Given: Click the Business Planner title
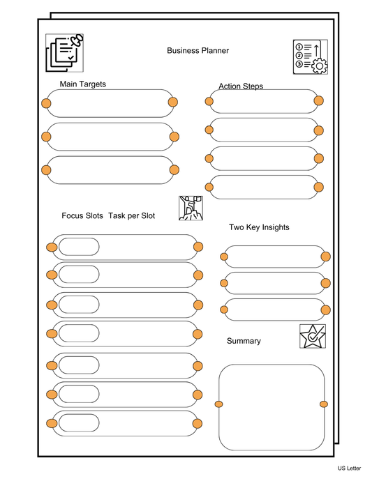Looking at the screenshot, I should coord(198,51).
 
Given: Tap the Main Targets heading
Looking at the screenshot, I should coord(83,84).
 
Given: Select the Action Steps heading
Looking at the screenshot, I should coord(241,86).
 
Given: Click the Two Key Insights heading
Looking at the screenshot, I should coord(259,227).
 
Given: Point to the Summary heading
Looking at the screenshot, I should coord(244,341).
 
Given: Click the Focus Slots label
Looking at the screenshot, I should coord(82,216).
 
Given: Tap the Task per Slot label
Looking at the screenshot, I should coord(132,216).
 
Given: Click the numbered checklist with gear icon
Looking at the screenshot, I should coord(310,56).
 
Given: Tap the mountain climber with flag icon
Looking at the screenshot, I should coord(190,208).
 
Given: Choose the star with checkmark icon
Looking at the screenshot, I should coord(312,336).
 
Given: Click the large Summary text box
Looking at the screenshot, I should coord(271,407).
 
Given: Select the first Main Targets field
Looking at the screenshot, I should coord(110,103).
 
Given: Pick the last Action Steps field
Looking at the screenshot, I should coord(264,187).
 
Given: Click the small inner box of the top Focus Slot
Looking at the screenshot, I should coord(79,247).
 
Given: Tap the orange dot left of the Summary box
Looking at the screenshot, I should coord(219,404).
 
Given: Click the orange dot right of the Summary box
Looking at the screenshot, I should coord(323,404).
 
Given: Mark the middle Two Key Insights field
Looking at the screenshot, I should coord(274,283).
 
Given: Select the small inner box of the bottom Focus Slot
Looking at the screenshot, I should coord(79,423).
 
